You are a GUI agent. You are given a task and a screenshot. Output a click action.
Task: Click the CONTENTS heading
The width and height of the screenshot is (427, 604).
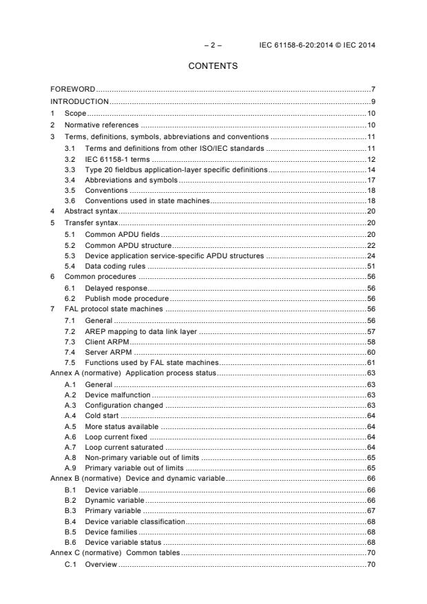[213, 66]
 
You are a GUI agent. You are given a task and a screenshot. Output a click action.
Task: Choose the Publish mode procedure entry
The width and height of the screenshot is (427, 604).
[127, 299]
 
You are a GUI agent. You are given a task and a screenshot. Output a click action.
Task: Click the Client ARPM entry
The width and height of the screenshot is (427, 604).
[107, 342]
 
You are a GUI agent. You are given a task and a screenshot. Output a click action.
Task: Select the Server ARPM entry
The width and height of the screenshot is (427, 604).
[108, 352]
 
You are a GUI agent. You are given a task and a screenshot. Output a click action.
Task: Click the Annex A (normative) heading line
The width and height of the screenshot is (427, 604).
[134, 373]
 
